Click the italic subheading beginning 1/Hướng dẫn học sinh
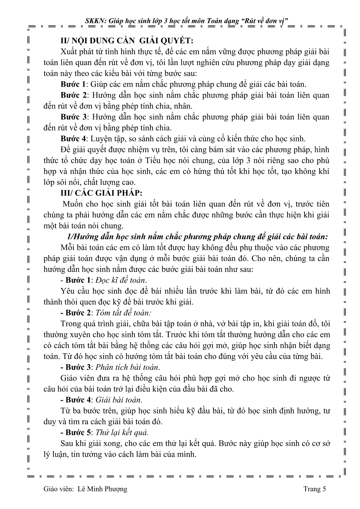pos(193,237)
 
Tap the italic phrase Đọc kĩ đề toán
pos(120,280)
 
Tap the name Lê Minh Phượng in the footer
pos(102,489)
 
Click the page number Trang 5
pos(315,489)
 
